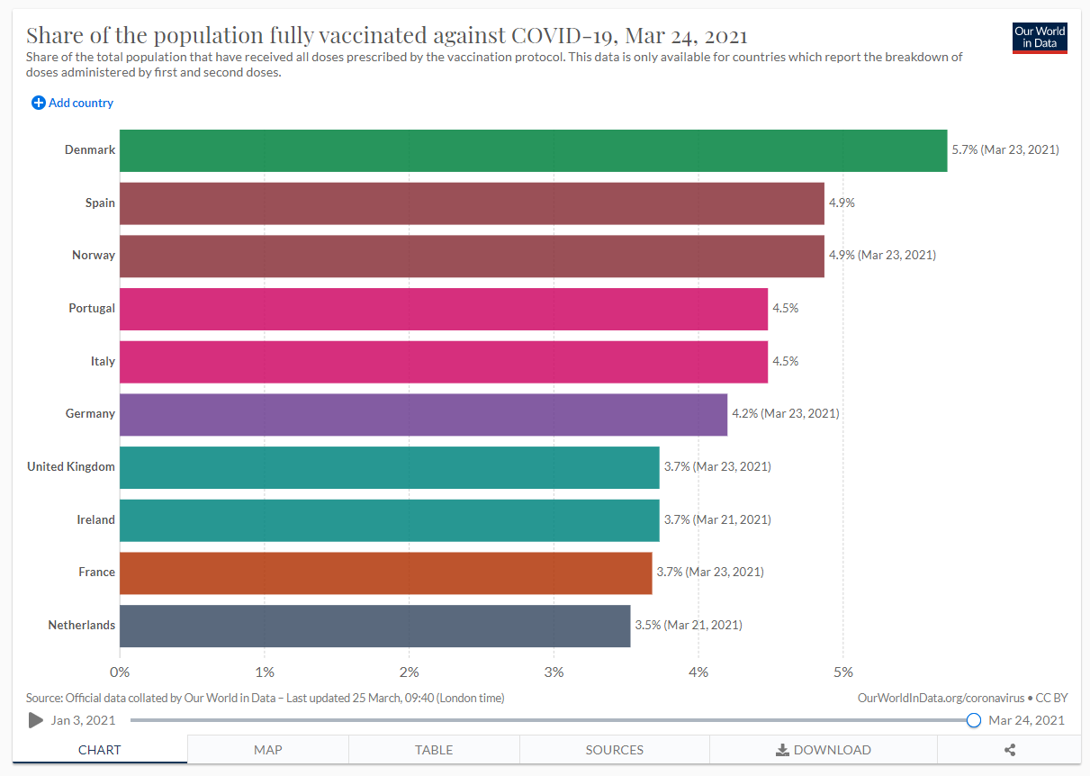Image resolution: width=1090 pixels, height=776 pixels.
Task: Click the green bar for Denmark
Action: pos(533,150)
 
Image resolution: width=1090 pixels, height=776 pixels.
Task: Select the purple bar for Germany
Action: pos(423,414)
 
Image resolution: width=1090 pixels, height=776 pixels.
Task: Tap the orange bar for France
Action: pos(385,573)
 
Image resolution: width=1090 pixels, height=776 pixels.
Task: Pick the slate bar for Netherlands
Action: pos(374,626)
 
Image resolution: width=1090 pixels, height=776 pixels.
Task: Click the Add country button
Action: pos(73,103)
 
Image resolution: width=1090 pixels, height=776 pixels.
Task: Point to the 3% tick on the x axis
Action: pos(554,672)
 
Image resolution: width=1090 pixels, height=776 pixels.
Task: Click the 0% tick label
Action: pos(120,672)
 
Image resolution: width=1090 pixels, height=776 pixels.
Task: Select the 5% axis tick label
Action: pos(842,672)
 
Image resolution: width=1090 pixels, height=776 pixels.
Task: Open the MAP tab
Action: pos(267,750)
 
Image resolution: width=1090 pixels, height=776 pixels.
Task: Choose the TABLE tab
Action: pos(434,750)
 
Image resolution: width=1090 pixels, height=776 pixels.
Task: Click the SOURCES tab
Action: pos(614,750)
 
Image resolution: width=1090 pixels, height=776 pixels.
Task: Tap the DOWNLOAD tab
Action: pos(823,750)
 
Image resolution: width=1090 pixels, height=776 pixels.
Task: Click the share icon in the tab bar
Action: pos(1009,750)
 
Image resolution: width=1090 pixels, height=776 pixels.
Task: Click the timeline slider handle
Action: pos(973,720)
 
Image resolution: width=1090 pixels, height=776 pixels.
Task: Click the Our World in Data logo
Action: pos(1040,37)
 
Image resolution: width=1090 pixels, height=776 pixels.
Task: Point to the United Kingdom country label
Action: pos(71,466)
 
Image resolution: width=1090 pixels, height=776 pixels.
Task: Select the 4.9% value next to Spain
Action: pos(842,203)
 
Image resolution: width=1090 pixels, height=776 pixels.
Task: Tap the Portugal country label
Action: pos(92,308)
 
